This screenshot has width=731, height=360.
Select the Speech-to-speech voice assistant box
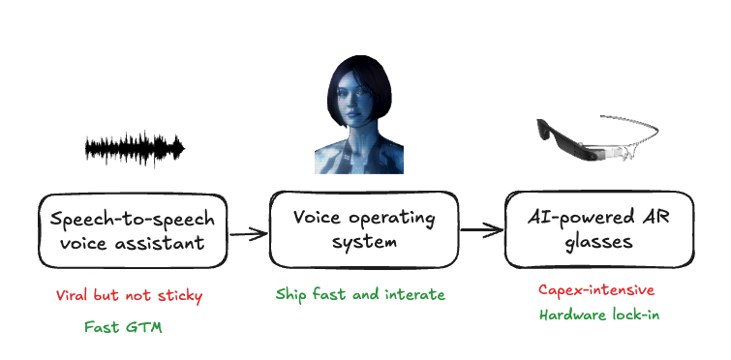tap(132, 229)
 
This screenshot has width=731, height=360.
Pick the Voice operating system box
tap(364, 229)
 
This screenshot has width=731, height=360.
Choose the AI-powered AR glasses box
tap(601, 229)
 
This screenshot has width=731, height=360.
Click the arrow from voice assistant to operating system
tap(248, 232)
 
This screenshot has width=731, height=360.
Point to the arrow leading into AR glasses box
tap(480, 230)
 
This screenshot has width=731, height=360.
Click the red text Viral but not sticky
tap(130, 294)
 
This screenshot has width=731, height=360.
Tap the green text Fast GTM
tap(123, 327)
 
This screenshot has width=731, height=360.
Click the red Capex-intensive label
tap(596, 290)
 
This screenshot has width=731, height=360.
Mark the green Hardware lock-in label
tap(597, 315)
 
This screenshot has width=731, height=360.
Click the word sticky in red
tap(180, 294)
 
